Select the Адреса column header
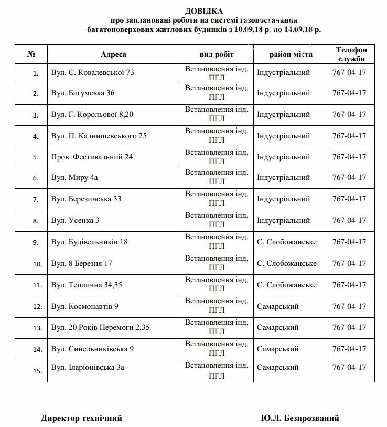coord(114,54)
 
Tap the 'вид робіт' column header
coord(217,54)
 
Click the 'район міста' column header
coord(291,54)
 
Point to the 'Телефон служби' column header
coord(348,54)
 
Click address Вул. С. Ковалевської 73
coord(93,72)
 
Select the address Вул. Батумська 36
coord(83,93)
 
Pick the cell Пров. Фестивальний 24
coord(92,157)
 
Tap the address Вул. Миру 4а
coord(74,178)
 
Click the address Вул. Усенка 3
coord(76,220)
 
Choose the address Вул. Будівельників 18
coord(89,242)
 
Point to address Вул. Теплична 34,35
coord(86,285)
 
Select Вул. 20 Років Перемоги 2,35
coord(98,328)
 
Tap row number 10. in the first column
coord(36,264)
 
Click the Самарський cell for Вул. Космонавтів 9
coord(277,306)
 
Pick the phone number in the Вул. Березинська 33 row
coord(349,199)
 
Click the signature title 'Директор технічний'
coord(81,418)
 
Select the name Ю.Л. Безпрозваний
coord(299,418)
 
